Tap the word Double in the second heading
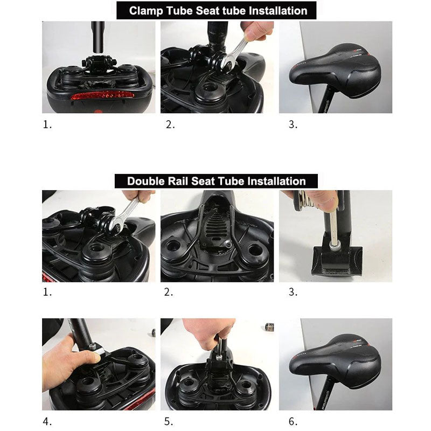pos(146,181)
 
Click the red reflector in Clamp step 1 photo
pos(102,95)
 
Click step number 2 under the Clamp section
pos(170,124)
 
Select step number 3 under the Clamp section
pos(293,124)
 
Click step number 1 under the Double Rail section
pos(47,293)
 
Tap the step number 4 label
pos(47,422)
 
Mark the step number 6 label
pos(293,422)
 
